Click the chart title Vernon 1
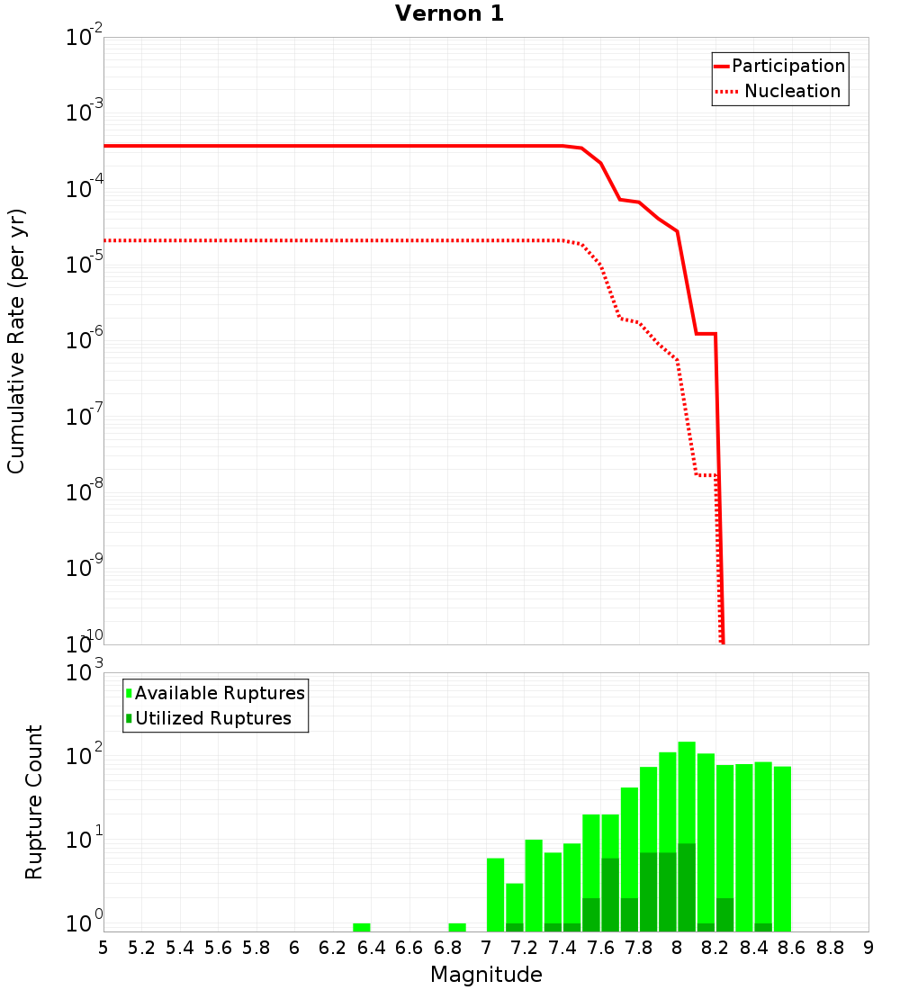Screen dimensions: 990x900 [450, 13]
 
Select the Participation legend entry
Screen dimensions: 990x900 [787, 66]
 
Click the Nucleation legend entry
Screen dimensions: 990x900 [791, 91]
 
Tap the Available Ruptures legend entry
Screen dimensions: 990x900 [219, 693]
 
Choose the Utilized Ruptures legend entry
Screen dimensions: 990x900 [212, 718]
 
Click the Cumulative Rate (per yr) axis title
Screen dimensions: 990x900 [16, 341]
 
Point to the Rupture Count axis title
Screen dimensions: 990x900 [34, 802]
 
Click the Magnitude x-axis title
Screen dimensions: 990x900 [486, 975]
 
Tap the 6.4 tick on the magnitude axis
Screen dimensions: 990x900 [371, 948]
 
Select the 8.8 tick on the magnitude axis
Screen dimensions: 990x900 [830, 948]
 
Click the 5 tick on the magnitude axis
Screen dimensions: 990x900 [103, 948]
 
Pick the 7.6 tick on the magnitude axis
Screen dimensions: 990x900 [600, 948]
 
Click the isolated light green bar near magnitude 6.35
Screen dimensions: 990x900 [362, 927]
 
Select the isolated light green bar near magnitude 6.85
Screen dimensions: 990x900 [457, 927]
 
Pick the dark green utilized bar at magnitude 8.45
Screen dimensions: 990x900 [763, 927]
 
